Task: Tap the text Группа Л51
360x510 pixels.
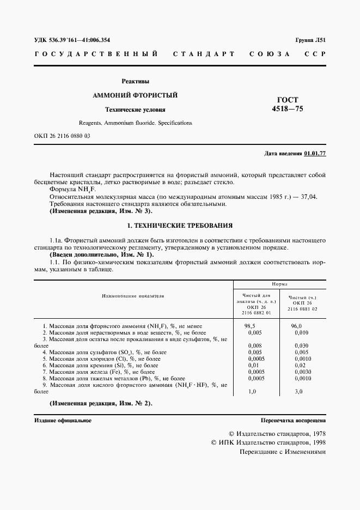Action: [310, 40]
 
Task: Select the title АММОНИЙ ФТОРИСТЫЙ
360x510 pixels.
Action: [135, 95]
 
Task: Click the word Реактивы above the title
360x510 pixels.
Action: [135, 82]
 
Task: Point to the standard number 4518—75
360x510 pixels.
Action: [288, 109]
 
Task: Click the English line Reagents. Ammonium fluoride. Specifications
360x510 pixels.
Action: [135, 123]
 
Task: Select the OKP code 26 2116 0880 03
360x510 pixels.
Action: [62, 136]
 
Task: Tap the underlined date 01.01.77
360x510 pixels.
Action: [315, 154]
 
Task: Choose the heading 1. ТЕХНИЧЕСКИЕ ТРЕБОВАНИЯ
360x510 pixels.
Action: [180, 224]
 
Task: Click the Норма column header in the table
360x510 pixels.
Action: [280, 284]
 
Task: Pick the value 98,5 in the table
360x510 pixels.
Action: [250, 325]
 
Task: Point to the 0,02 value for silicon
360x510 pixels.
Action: [300, 365]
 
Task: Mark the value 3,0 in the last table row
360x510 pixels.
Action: [299, 391]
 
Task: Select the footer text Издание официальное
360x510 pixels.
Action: [63, 421]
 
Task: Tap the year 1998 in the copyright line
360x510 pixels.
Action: [316, 443]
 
